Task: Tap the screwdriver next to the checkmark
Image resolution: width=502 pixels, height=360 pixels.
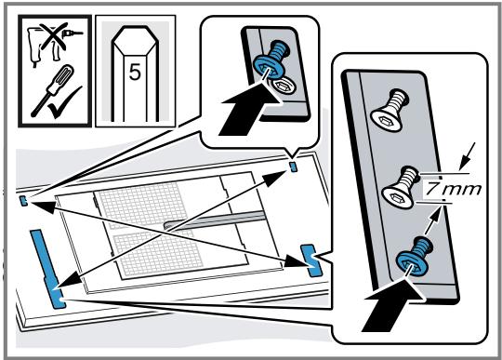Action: pos(51,89)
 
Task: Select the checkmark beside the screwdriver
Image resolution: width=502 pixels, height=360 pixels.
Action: pos(65,102)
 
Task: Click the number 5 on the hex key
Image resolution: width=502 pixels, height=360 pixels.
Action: pos(135,73)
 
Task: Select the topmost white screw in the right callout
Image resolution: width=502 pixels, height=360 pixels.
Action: pos(390,111)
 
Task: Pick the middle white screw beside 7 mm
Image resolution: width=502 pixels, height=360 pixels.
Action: pos(401,187)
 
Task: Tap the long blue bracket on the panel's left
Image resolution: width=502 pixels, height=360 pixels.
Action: pos(47,269)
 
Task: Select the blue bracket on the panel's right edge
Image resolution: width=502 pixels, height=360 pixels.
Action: pos(310,260)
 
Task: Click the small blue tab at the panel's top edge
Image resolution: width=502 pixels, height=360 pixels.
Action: pos(294,167)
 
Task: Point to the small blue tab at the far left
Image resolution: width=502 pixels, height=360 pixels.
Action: pos(23,201)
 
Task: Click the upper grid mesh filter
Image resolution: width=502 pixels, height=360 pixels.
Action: pos(142,205)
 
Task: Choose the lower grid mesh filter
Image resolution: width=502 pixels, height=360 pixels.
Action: pos(159,253)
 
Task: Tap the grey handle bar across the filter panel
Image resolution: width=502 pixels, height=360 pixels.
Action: pos(215,220)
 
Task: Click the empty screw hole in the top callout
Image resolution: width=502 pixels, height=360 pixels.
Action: pos(283,86)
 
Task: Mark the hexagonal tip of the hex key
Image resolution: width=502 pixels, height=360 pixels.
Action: pos(135,41)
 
